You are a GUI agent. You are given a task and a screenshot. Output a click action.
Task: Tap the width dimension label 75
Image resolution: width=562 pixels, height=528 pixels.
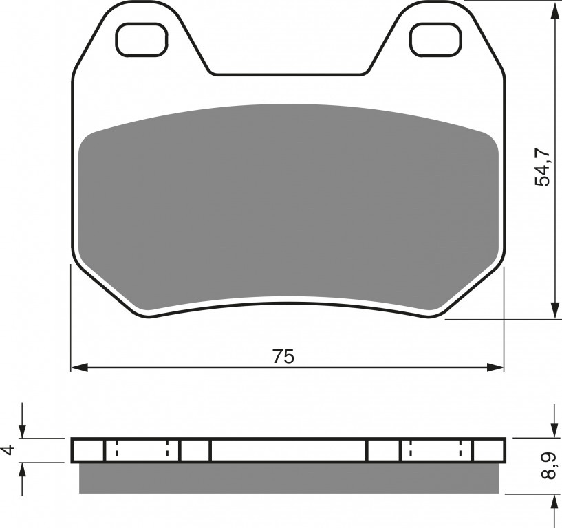click(283, 356)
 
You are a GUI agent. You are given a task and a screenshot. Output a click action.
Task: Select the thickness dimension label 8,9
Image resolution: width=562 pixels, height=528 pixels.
click(549, 465)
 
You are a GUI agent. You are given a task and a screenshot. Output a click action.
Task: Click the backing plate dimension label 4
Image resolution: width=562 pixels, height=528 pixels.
click(10, 449)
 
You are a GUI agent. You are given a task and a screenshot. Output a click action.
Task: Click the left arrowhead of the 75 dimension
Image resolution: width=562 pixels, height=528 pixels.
click(80, 367)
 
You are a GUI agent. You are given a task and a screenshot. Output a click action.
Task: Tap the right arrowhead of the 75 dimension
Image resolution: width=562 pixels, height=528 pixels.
click(495, 367)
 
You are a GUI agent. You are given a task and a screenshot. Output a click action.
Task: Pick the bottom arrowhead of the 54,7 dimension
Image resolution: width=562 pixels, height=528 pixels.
click(554, 310)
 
